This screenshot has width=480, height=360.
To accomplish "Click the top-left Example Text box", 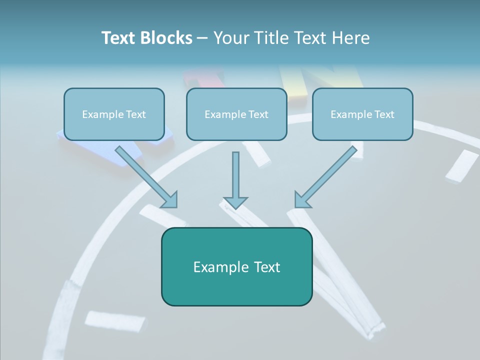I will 114,114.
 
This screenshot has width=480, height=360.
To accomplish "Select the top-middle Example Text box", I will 236,114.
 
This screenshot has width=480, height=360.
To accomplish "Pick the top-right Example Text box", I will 362,114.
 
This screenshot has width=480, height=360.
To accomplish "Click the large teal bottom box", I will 236,266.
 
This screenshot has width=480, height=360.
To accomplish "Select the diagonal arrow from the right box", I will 330,172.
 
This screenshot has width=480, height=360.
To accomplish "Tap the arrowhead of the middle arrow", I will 235,202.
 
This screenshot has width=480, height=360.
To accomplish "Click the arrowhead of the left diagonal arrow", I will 170,200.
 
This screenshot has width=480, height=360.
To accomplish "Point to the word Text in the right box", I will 384,114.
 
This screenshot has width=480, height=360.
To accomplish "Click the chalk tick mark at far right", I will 462,165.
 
